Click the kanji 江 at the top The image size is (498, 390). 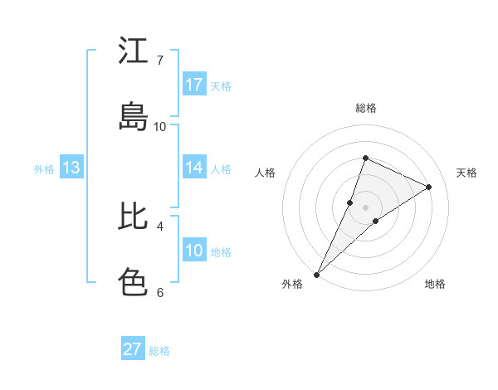133,51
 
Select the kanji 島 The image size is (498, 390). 133,117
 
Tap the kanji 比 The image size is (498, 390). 133,217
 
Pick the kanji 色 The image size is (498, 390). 133,283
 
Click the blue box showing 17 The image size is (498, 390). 194,85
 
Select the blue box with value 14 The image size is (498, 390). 194,168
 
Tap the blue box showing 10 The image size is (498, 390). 194,251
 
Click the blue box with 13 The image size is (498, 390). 71,168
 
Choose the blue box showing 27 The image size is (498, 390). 133,349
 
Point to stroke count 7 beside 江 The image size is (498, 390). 160,60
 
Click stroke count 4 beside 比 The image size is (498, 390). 160,226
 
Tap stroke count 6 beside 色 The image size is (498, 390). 160,292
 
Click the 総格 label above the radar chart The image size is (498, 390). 366,108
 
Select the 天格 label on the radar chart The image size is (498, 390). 467,173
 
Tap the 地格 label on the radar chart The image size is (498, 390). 435,284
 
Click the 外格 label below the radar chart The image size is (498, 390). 292,284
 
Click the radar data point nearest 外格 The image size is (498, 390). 316,274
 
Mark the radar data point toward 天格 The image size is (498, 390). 429,187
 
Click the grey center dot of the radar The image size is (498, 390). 366,207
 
